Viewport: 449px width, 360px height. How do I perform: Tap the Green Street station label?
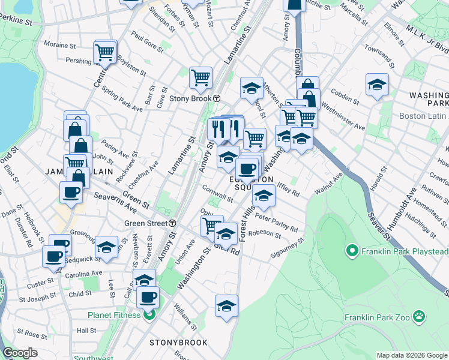pos(146,223)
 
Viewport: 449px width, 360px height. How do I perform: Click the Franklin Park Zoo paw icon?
pos(418,315)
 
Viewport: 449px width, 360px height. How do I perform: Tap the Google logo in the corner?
pos(20,353)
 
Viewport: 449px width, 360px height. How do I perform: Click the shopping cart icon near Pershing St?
pos(104,52)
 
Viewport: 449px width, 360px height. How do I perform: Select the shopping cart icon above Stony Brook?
pos(200,77)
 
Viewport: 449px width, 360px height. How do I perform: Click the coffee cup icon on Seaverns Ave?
pos(71,193)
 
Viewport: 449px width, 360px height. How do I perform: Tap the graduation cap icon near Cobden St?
pos(377,84)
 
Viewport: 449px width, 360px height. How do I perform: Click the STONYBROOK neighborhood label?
pos(178,343)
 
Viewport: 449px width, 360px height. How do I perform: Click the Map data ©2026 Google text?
pos(411,355)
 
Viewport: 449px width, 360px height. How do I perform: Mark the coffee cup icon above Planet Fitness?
pos(147,297)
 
